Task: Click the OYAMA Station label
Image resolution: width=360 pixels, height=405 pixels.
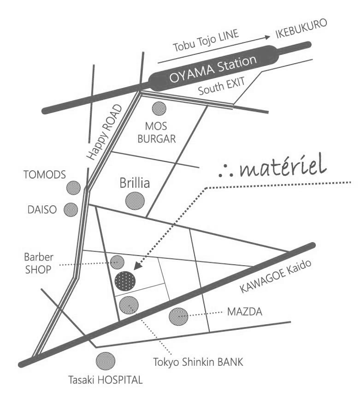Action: pyautogui.click(x=212, y=69)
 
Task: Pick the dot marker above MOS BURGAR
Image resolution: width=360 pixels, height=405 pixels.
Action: pyautogui.click(x=159, y=108)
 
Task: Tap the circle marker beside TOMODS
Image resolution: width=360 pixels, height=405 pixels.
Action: pyautogui.click(x=74, y=188)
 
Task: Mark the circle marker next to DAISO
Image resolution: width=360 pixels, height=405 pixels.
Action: pyautogui.click(x=71, y=209)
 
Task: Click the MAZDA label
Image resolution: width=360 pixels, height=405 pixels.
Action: pyautogui.click(x=245, y=313)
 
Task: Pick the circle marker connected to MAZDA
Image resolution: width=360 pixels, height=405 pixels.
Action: pyautogui.click(x=178, y=316)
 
